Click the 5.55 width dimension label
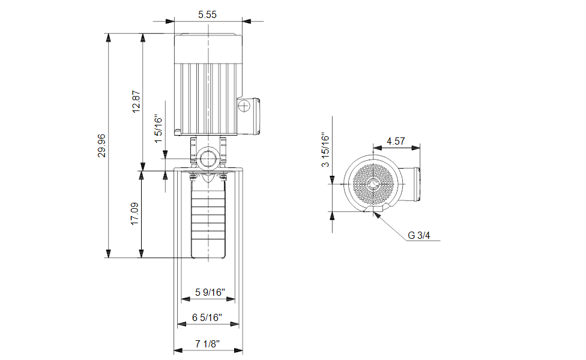pos(207,14)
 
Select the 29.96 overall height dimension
pos(101,145)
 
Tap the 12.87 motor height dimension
pos(136,101)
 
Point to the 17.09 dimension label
pos(134,214)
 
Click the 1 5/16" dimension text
pos(159,129)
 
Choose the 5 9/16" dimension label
pos(210,292)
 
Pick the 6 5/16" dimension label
pos(207,317)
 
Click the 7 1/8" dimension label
pos(207,344)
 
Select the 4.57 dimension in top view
pos(396,141)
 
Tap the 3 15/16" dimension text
pos(325,149)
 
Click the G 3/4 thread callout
pos(419,235)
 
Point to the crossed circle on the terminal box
pos(244,106)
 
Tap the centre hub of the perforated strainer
pos(373,184)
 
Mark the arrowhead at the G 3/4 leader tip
pos(376,214)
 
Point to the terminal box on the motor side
pos(249,116)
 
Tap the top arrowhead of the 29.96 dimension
pos(109,38)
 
